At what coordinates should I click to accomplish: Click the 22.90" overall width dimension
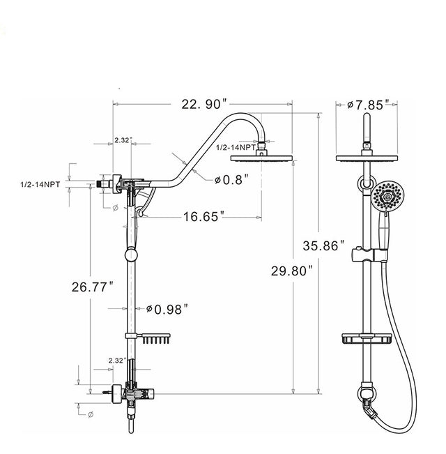(x=204, y=104)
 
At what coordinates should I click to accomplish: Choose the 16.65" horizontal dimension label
(x=201, y=218)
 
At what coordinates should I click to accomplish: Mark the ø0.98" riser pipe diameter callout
(x=167, y=308)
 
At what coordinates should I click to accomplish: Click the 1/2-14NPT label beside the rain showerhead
(x=236, y=148)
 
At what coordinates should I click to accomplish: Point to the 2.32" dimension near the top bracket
(x=122, y=140)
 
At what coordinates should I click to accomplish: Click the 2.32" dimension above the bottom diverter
(x=117, y=361)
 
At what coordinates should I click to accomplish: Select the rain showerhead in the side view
(x=262, y=157)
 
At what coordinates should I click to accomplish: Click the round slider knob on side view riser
(x=128, y=253)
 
